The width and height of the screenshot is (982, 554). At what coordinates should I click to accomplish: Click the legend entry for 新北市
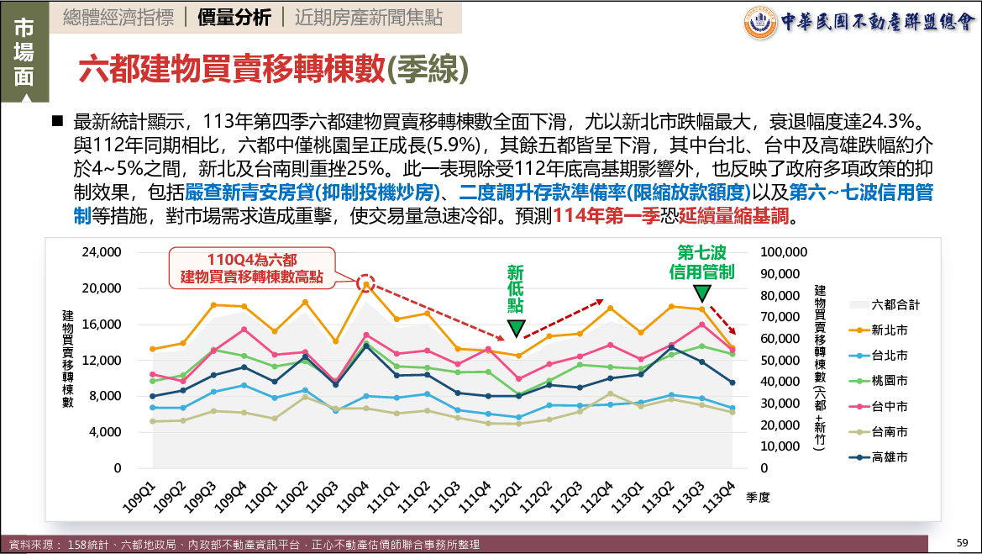click(x=890, y=330)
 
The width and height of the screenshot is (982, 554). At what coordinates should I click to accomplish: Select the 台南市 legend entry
click(x=890, y=432)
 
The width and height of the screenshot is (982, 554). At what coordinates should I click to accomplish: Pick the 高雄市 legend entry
click(x=890, y=457)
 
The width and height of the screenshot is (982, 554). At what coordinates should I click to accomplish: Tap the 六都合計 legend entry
click(x=895, y=304)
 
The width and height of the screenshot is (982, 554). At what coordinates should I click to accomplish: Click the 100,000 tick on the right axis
click(x=783, y=252)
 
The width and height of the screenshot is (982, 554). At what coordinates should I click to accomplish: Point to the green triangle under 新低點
click(x=516, y=328)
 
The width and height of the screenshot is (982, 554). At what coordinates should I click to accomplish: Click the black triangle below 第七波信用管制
click(x=702, y=293)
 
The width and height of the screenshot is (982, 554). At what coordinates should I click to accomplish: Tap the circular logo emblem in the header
click(x=761, y=22)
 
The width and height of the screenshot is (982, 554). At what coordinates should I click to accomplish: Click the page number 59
click(x=964, y=541)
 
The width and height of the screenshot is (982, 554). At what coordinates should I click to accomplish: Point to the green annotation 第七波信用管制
click(x=702, y=261)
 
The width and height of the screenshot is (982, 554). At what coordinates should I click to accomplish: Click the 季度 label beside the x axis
click(x=757, y=497)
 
